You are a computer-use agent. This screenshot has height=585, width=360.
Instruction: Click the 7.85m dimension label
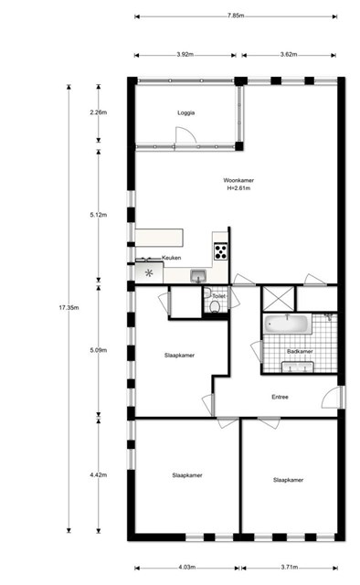click(236, 16)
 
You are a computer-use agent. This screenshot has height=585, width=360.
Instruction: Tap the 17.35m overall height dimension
click(69, 308)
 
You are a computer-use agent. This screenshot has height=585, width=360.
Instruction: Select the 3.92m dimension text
click(185, 55)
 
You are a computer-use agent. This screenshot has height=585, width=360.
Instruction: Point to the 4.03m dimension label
click(187, 567)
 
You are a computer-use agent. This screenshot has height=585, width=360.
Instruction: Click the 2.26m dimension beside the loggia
click(99, 112)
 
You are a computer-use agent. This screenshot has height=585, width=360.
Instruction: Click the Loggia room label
click(185, 112)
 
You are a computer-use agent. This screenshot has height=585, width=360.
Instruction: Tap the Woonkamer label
click(238, 180)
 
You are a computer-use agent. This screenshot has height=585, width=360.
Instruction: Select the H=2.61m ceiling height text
click(238, 188)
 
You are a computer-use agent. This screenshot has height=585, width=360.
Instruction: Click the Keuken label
click(171, 258)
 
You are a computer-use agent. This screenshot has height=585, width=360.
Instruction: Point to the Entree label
click(280, 397)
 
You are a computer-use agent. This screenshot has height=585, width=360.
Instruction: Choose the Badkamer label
click(300, 351)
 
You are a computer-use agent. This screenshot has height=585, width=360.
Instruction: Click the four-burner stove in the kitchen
click(220, 251)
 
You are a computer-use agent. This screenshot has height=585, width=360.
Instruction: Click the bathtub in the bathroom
click(288, 324)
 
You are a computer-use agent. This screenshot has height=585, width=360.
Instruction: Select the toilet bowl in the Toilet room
click(215, 307)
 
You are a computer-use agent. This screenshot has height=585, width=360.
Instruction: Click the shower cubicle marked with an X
click(279, 299)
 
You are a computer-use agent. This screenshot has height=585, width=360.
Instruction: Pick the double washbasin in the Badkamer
click(298, 367)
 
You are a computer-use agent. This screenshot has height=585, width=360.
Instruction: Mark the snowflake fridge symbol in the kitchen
click(149, 273)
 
